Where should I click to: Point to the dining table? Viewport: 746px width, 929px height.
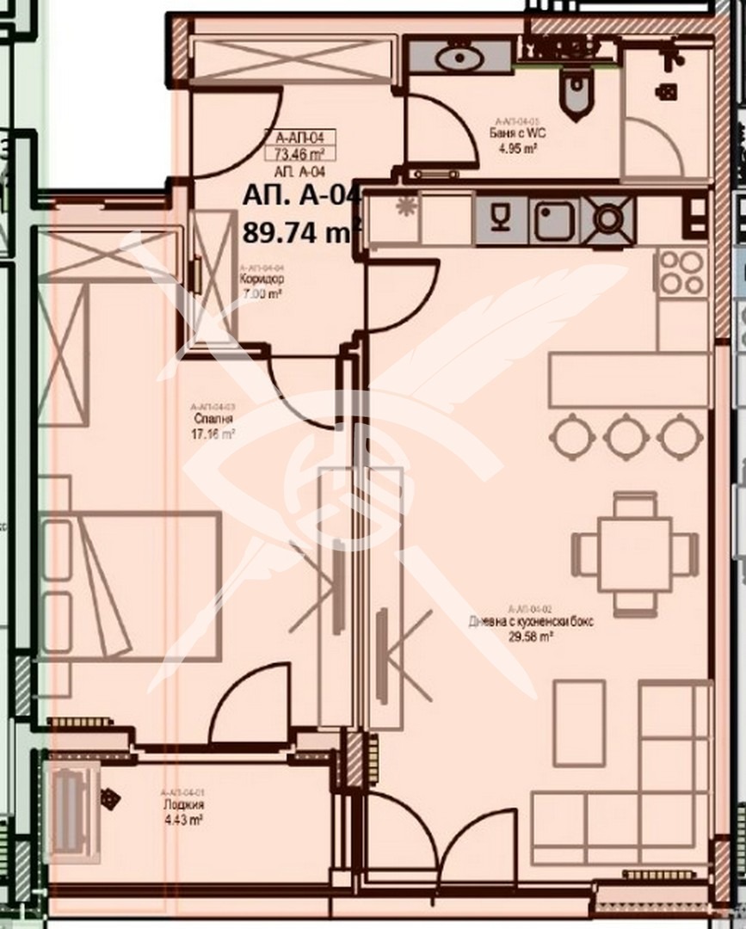tap(635, 554)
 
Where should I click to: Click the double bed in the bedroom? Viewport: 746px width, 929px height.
tap(129, 586)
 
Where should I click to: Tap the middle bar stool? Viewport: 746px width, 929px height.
tap(626, 435)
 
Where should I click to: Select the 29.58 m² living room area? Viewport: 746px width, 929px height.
tap(531, 635)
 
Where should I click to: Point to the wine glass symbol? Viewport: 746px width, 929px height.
tap(501, 218)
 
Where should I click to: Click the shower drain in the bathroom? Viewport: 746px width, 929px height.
tap(666, 90)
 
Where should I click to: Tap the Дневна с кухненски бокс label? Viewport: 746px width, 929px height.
tap(531, 622)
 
